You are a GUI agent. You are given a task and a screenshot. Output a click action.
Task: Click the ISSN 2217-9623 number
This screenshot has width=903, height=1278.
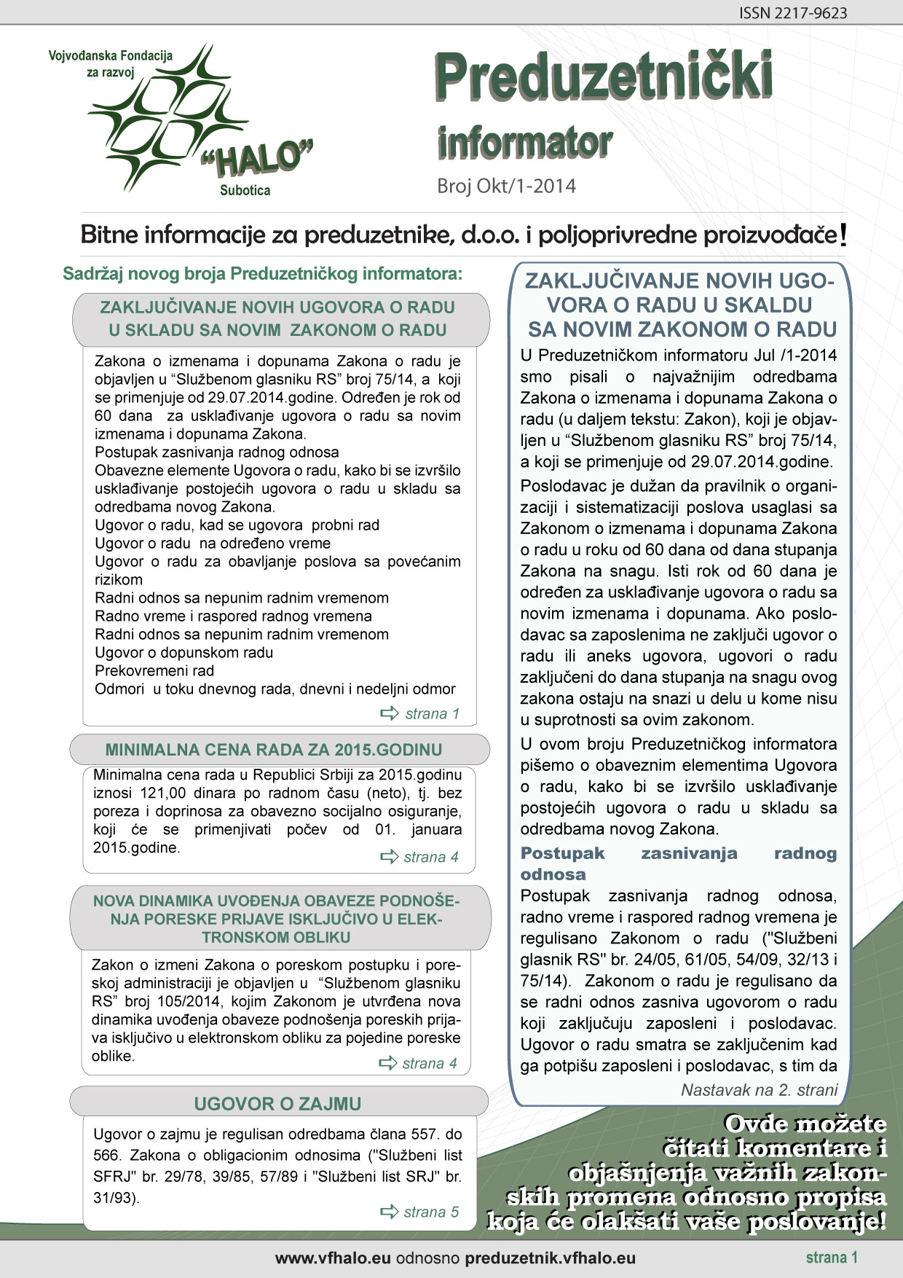click(793, 13)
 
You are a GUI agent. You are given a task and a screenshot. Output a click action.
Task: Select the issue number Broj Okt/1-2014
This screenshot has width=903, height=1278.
click(506, 187)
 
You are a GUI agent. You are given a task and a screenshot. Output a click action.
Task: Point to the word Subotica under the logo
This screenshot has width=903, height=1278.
click(245, 191)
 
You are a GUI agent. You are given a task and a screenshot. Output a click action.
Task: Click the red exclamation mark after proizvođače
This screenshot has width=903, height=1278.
click(843, 235)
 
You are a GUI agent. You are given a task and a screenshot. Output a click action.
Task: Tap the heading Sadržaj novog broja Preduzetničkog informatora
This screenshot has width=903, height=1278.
click(263, 274)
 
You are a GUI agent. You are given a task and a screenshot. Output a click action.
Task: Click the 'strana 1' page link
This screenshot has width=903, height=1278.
click(432, 713)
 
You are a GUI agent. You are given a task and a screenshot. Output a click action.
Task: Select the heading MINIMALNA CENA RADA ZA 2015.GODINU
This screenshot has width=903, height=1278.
click(274, 750)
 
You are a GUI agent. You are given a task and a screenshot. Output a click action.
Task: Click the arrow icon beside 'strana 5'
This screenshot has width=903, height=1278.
click(390, 1212)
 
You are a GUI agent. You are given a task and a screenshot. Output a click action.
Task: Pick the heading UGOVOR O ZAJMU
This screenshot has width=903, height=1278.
click(277, 1104)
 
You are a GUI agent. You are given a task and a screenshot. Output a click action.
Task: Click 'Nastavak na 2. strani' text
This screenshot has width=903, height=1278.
click(759, 1090)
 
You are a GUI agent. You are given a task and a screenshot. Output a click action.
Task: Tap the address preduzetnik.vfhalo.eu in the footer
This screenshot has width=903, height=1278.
click(550, 1258)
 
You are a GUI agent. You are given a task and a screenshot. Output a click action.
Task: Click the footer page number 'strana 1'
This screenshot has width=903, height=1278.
click(832, 1257)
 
